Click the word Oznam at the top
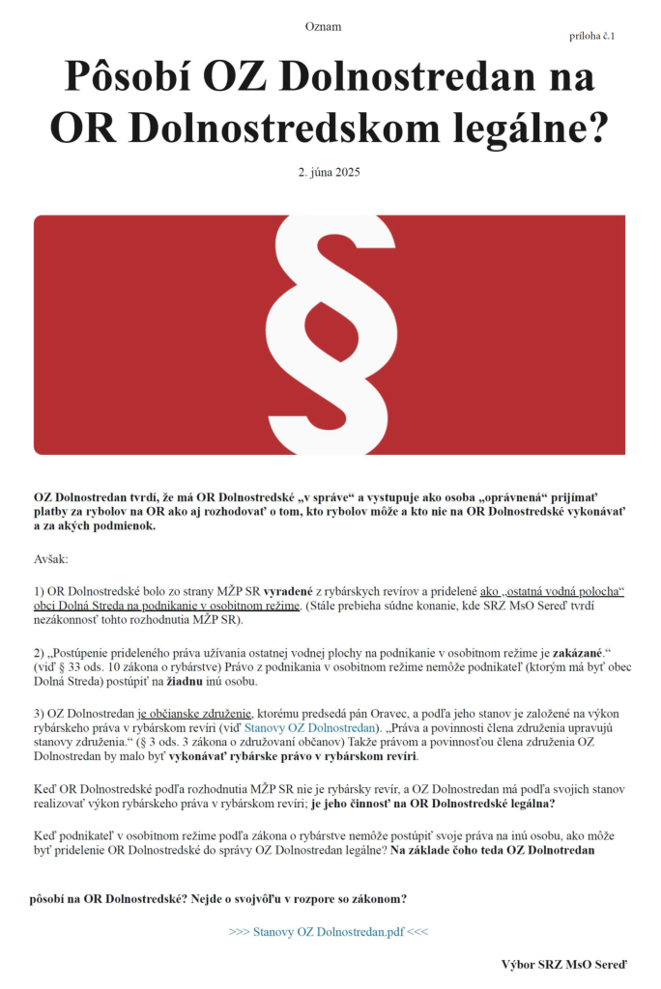click(323, 26)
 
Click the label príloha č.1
click(592, 36)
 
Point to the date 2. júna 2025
click(330, 172)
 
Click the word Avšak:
click(51, 559)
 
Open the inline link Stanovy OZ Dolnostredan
click(308, 727)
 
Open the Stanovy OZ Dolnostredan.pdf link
click(329, 932)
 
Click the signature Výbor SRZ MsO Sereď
click(563, 964)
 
